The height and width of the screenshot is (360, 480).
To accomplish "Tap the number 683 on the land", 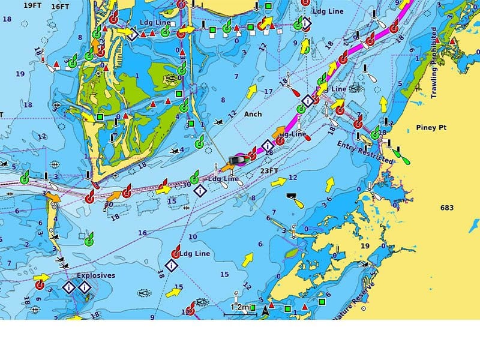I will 446,208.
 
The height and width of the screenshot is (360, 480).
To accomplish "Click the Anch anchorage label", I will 253,113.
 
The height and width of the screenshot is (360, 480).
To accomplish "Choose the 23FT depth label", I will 269,170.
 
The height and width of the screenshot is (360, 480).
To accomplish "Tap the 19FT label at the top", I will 32,5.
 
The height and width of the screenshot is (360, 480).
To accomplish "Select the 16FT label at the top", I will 61,7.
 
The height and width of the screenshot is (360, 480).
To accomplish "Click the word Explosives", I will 95,276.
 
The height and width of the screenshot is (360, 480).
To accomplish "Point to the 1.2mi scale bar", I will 241,307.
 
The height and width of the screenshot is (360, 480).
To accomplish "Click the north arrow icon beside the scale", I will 265,310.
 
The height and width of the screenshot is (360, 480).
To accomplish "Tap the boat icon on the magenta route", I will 236,160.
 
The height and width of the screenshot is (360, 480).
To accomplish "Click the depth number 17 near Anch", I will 268,91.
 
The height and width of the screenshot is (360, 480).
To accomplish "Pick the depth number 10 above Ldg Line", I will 193,237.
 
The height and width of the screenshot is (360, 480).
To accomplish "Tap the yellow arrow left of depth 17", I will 251,91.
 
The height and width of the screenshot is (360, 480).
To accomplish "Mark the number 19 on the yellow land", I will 364,246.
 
